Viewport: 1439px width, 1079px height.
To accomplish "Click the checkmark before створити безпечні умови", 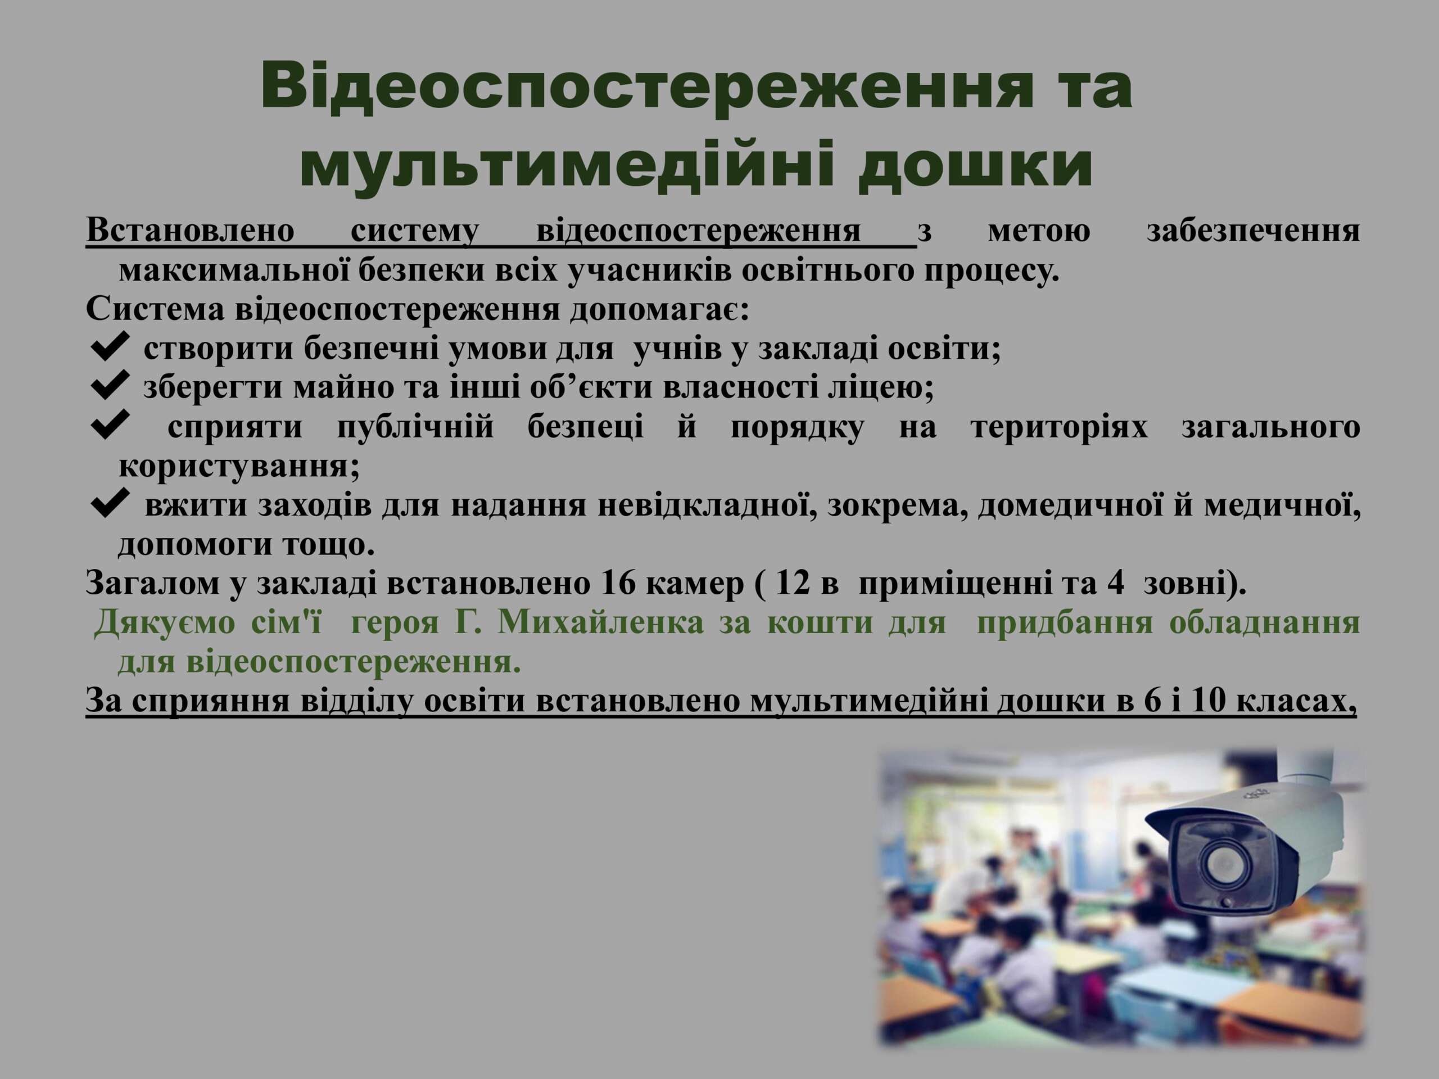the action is coord(109,346).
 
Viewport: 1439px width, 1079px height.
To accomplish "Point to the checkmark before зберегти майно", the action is coord(109,385).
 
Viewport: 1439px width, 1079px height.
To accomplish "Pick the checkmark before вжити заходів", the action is coord(109,504).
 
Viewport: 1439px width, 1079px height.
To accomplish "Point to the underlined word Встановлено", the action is coord(190,231).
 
